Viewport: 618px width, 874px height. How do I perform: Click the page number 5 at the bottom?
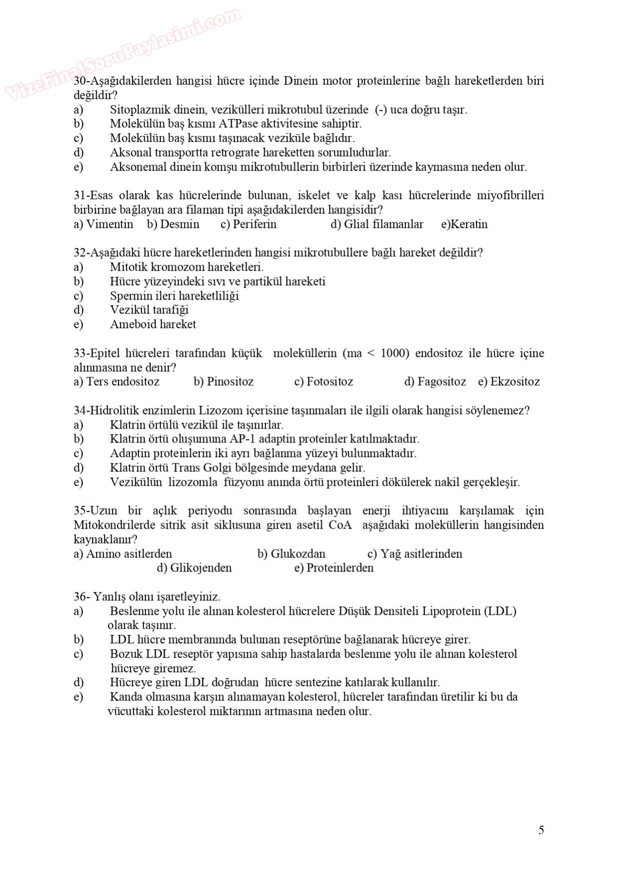click(541, 830)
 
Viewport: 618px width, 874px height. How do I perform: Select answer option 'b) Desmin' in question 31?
click(173, 224)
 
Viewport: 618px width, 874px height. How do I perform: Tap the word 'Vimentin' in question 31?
click(110, 224)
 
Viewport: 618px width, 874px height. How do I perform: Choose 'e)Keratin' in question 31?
click(464, 224)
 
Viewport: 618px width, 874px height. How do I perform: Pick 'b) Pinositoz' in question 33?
click(223, 382)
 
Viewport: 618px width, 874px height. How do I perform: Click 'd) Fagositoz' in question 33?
click(435, 382)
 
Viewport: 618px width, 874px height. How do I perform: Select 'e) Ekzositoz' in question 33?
click(508, 382)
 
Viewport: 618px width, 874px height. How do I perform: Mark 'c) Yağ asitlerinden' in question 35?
click(415, 554)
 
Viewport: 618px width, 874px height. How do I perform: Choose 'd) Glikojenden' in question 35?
click(194, 568)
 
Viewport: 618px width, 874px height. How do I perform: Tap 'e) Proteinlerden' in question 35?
click(333, 568)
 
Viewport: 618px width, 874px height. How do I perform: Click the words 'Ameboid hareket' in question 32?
click(153, 324)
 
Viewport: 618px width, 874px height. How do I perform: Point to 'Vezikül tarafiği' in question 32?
click(150, 310)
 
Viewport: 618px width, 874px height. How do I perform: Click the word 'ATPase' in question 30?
click(236, 124)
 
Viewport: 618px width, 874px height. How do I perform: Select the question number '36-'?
click(82, 596)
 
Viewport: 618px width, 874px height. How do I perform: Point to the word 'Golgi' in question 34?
click(207, 468)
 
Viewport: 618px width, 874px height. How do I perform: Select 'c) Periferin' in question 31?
click(248, 224)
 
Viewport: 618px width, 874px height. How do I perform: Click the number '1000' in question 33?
click(395, 353)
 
